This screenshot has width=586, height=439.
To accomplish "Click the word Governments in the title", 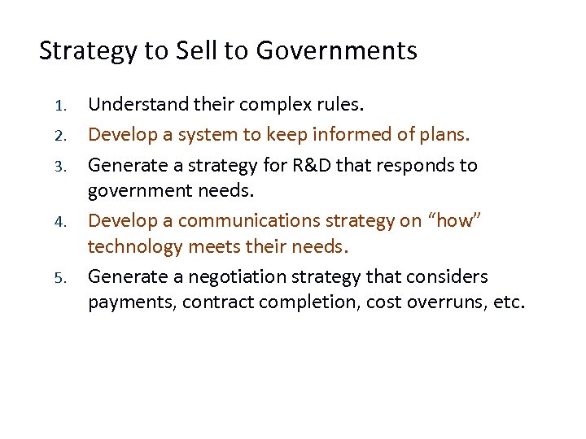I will pos(336,51).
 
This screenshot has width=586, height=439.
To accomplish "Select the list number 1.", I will pos(58,106).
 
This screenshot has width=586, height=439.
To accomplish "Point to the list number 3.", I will pos(58,166).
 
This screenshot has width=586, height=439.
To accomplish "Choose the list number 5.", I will pos(58,277).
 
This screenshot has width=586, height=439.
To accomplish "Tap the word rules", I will pos(343,105).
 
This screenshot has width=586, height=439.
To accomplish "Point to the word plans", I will pos(447,135).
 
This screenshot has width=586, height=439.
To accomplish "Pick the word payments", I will pos(131,302).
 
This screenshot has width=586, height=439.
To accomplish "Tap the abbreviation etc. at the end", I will pos(511,302).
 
